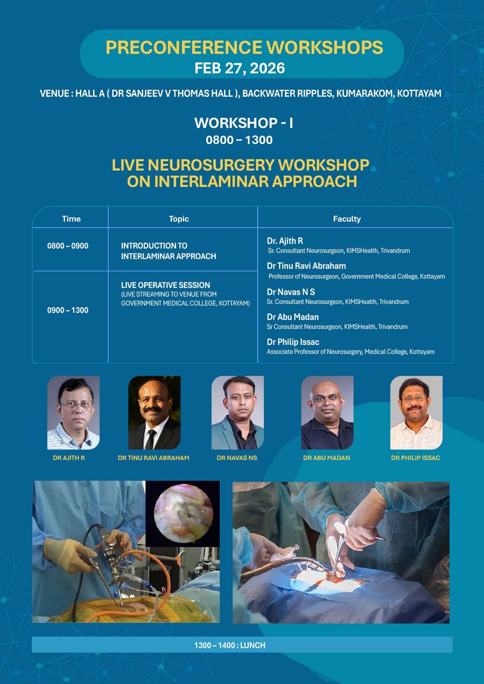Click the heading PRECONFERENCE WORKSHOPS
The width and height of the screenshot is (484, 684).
[244, 48]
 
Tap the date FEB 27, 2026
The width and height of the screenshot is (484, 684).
[240, 68]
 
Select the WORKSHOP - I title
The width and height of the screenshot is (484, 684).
[243, 123]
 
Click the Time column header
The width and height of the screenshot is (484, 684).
[71, 219]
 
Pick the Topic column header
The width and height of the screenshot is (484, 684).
[179, 219]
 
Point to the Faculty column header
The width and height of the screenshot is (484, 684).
[347, 219]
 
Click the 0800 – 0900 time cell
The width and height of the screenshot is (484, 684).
[68, 246]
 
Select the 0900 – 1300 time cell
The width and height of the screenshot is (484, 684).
[68, 310]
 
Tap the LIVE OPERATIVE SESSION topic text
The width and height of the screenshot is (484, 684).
[165, 285]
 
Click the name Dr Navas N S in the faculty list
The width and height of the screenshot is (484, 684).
[291, 292]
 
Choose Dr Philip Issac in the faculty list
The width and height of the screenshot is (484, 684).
[293, 342]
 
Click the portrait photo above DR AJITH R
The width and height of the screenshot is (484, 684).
[73, 413]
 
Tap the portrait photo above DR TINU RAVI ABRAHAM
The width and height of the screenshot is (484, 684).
[154, 413]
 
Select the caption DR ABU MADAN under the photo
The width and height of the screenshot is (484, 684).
[326, 458]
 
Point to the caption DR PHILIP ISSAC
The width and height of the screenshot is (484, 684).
[416, 458]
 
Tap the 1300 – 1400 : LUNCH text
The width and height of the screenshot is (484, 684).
[230, 645]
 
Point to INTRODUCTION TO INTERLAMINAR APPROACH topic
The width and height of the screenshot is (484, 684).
[168, 251]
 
